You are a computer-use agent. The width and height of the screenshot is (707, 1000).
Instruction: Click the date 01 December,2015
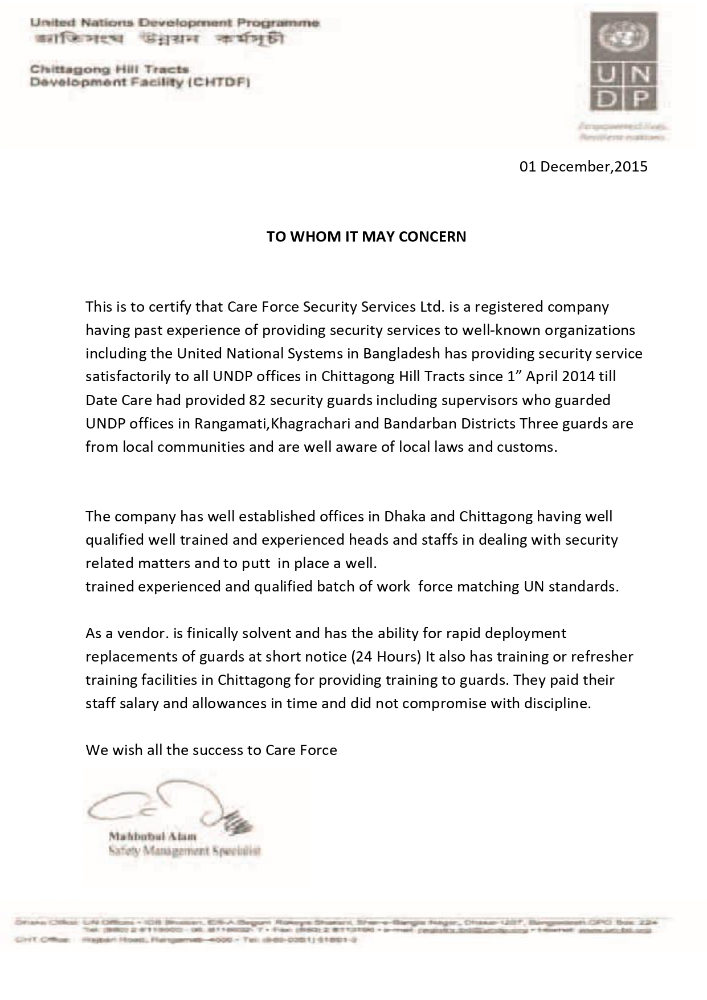point(583,166)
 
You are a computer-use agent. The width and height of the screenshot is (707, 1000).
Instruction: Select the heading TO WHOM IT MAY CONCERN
point(366,236)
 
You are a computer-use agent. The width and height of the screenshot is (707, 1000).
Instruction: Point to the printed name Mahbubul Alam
point(152,836)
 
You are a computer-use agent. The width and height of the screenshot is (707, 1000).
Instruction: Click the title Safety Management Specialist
point(184,851)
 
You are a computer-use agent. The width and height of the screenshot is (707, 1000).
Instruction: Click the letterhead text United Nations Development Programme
point(174,23)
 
